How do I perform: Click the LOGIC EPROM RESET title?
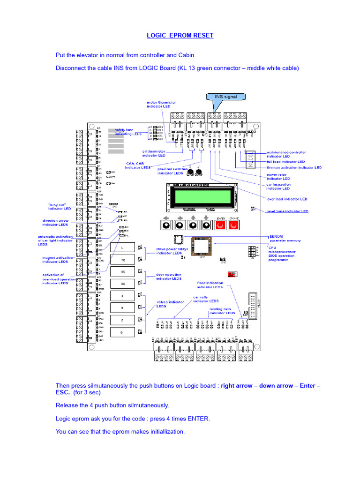coord(180,36)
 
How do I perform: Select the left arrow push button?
coord(165,225)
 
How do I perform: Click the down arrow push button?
coord(206,225)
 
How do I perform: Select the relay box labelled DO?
coord(123,284)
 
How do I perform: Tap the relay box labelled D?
coord(123,332)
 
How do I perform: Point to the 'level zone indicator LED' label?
coord(288,211)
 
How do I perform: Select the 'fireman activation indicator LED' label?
coord(294,167)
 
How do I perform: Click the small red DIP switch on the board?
coord(231,274)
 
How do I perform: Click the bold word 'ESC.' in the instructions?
coord(63,392)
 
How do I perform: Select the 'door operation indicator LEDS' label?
coord(169,277)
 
